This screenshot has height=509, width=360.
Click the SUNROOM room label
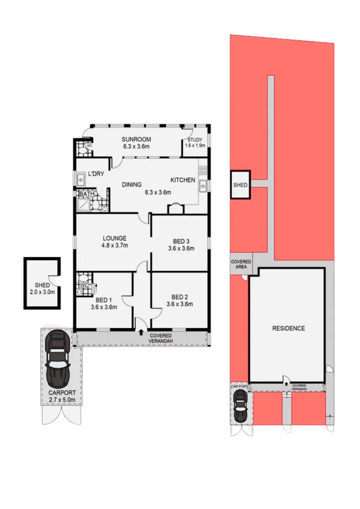136,139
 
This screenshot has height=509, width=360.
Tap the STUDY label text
195,140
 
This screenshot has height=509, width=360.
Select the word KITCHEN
182,180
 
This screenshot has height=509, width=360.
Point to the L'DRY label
96,174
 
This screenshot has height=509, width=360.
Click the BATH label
87,194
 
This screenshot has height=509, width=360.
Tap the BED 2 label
180,297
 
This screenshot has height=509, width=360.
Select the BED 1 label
104,300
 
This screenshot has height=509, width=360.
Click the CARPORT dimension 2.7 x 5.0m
62,400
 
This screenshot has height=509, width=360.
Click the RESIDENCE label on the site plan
288,328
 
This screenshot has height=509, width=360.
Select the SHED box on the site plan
240,185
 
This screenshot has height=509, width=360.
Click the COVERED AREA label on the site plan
240,265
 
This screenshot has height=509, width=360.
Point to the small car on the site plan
241,407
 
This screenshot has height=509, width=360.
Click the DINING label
132,185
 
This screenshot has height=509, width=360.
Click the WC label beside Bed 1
84,286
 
